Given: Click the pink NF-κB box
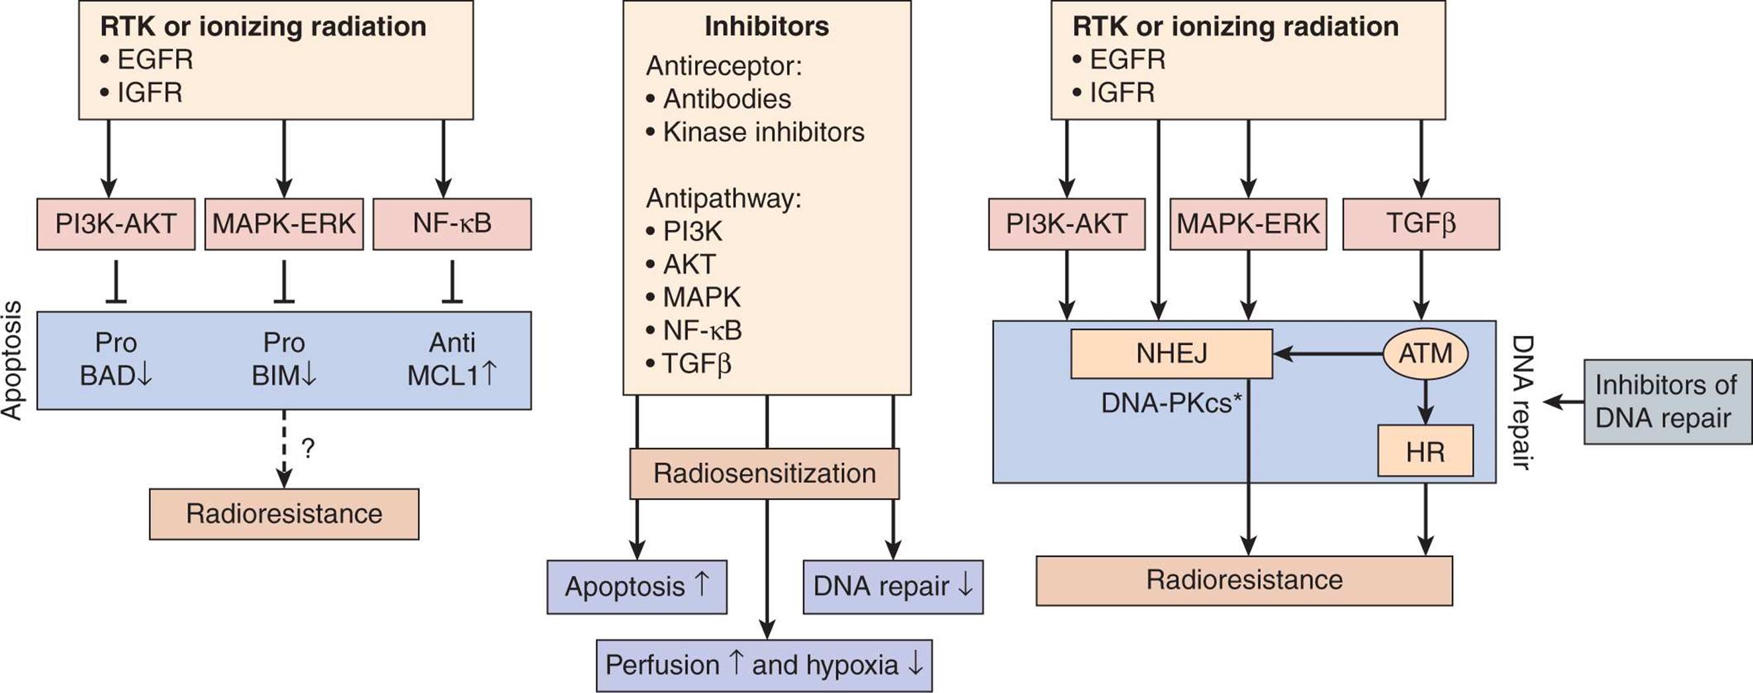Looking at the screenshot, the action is [452, 224].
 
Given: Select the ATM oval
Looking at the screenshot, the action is [1426, 354].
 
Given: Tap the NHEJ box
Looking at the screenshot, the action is [1171, 354].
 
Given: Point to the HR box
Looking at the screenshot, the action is [1426, 451].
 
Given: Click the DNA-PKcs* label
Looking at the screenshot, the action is [1171, 403].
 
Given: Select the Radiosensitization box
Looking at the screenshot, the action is [765, 473].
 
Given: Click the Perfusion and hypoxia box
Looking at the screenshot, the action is [764, 665].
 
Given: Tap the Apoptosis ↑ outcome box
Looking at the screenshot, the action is [637, 587].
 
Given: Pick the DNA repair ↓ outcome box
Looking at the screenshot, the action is [893, 587].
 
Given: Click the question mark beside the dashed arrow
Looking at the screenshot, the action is [308, 448].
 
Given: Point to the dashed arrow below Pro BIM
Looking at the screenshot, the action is [284, 449].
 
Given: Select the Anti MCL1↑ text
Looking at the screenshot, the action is [452, 358].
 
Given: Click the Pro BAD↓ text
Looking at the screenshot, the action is [116, 358].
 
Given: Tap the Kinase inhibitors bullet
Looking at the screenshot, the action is [755, 132].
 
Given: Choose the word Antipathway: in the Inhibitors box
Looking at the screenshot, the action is [724, 198].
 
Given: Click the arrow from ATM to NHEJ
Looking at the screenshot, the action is [1328, 354].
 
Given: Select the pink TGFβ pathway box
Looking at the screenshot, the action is [1421, 224].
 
